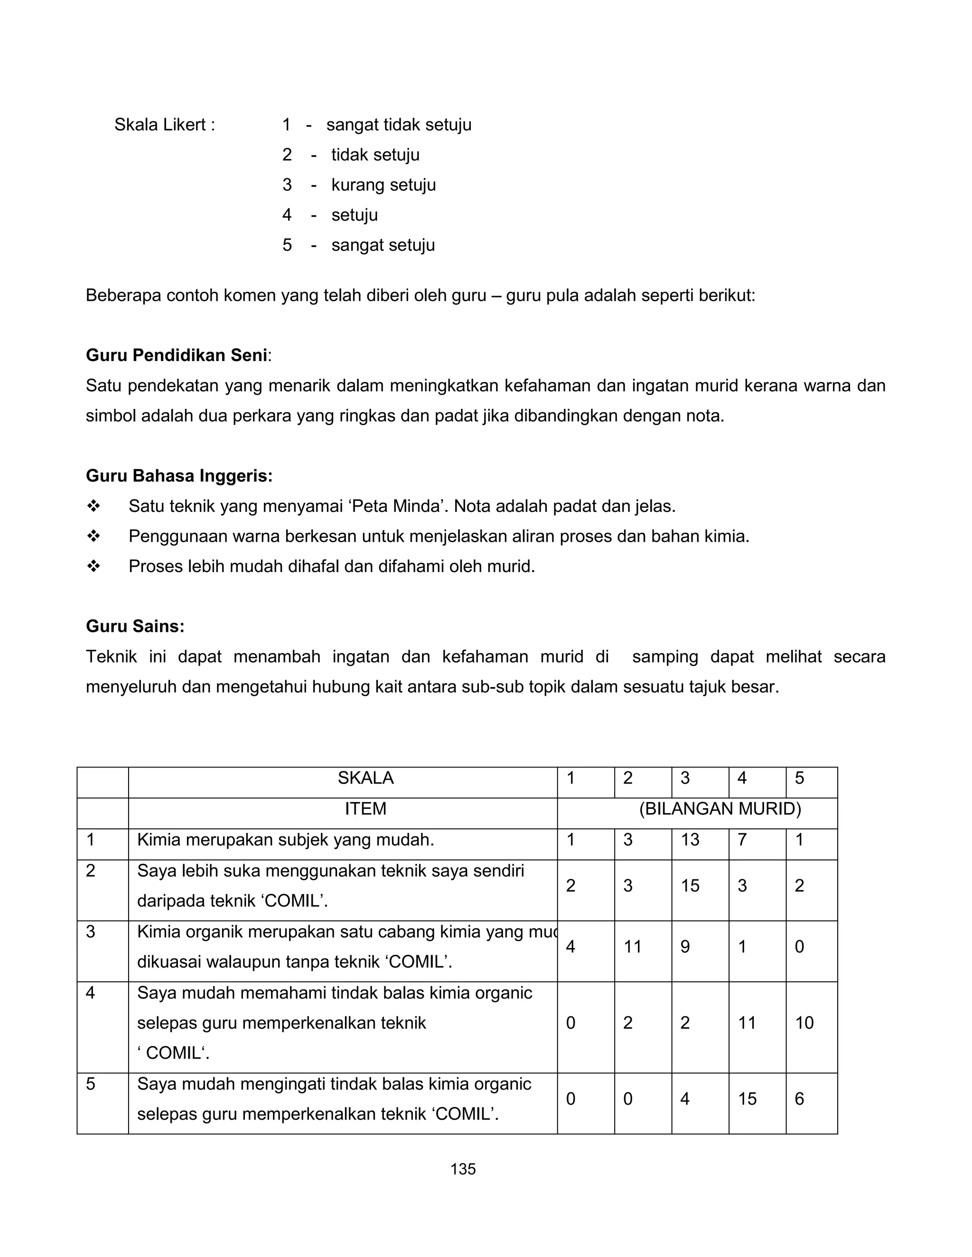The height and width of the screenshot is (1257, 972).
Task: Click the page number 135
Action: [463, 1169]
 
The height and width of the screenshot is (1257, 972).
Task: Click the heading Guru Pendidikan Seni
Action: [176, 355]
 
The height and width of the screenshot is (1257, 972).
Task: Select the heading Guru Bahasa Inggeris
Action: [178, 476]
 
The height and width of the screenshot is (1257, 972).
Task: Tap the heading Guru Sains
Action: [135, 626]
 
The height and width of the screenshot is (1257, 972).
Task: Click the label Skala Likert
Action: [164, 125]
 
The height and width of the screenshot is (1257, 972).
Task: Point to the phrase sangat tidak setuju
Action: [399, 125]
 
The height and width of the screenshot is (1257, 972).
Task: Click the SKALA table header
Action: [365, 778]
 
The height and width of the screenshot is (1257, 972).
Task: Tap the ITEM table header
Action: [365, 809]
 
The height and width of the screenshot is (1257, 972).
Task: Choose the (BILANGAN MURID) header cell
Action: [720, 809]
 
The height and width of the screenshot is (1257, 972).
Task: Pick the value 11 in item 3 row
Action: [632, 947]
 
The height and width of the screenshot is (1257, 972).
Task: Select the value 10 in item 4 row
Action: [804, 1023]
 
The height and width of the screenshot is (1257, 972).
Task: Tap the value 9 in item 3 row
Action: [685, 947]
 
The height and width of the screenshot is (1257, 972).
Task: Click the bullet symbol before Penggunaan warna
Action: [93, 536]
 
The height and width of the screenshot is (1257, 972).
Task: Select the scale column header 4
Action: [742, 778]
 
